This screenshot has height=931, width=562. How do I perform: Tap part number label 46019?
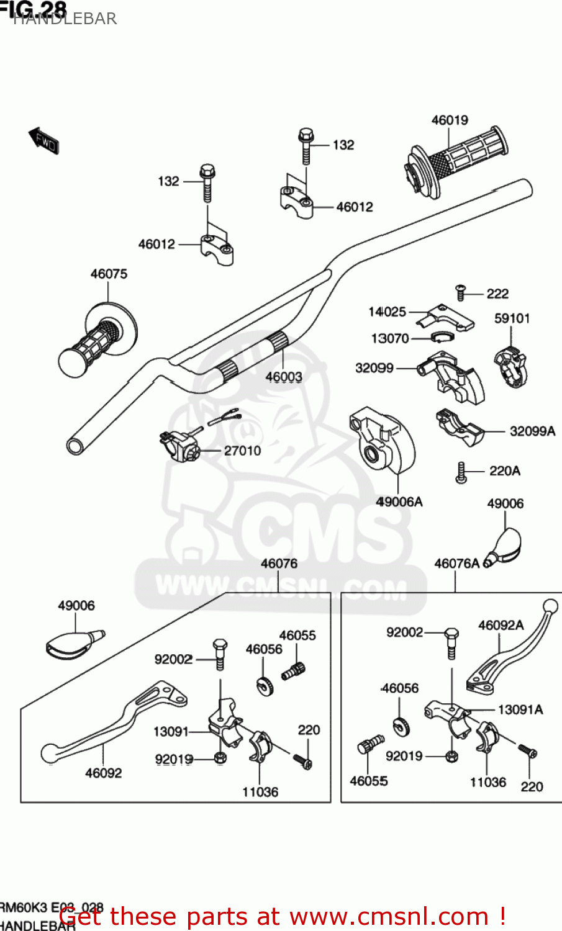(450, 120)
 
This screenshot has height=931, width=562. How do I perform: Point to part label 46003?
(284, 377)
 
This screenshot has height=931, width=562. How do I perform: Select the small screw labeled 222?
(461, 292)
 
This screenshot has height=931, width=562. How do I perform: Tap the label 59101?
(512, 318)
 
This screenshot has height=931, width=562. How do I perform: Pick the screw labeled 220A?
(461, 473)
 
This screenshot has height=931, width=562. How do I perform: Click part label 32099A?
(532, 431)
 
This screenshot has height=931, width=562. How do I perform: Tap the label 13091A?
(520, 709)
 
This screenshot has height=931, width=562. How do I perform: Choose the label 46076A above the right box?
(456, 564)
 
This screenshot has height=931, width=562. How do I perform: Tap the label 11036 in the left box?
(260, 792)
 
